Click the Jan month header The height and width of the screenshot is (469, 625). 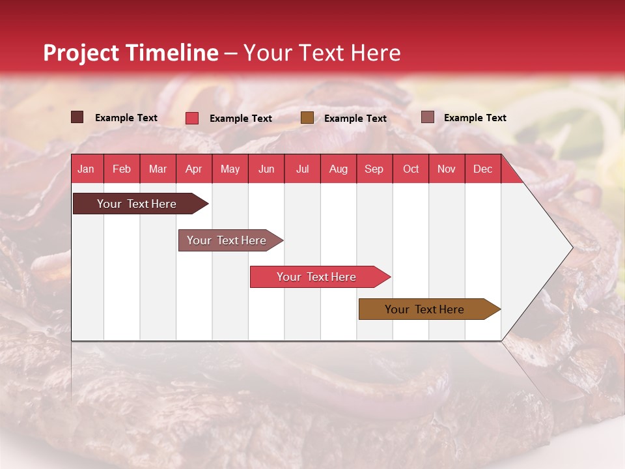(x=86, y=169)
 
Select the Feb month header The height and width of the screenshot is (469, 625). (x=122, y=169)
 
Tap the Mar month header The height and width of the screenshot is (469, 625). (x=158, y=169)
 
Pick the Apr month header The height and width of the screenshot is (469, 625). (x=193, y=169)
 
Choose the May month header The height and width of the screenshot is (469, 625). (x=230, y=169)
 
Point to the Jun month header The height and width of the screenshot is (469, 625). (x=266, y=169)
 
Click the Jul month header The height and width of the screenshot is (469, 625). (x=302, y=169)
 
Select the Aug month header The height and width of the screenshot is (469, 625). (x=339, y=169)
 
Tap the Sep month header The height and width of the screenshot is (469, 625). (x=374, y=169)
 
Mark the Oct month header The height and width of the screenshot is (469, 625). (x=411, y=169)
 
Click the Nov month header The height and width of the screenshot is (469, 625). (x=447, y=169)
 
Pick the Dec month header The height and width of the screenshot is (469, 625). (x=482, y=169)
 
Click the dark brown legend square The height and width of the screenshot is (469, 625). (x=77, y=117)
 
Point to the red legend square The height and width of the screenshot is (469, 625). (x=192, y=118)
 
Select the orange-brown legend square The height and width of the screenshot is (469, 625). (x=307, y=117)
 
